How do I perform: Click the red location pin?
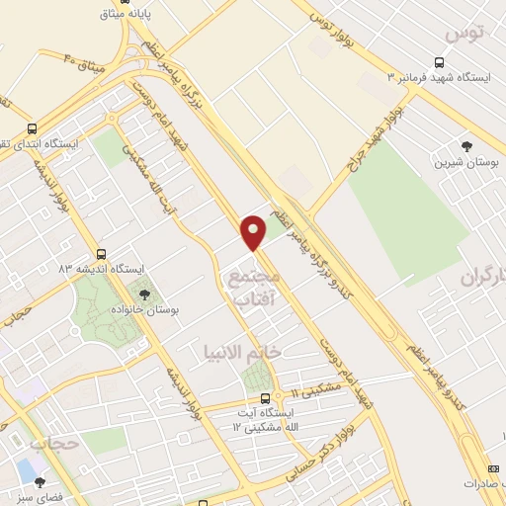point(255,231)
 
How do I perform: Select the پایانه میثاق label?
point(138,16)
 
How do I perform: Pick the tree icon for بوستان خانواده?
point(145,293)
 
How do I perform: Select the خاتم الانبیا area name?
point(242,352)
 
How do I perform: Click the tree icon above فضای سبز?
point(41,481)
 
